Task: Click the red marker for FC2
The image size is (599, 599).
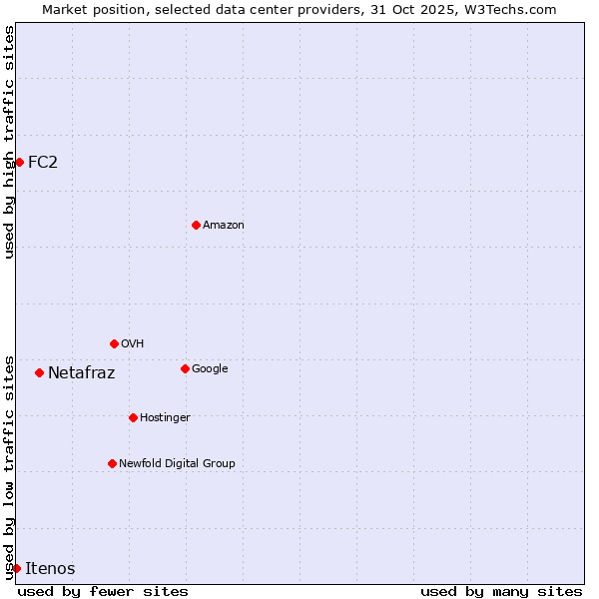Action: tap(19, 162)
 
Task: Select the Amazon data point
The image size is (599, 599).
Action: tap(196, 225)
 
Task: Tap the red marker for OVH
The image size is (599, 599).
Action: tap(114, 343)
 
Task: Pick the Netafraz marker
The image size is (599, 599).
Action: tap(39, 372)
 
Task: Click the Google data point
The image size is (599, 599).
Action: tap(185, 368)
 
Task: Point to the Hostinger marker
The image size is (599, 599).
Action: tap(133, 417)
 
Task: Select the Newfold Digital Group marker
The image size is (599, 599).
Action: tap(112, 463)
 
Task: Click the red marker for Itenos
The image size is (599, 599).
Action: tap(16, 568)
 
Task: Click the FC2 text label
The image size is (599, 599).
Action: tap(43, 162)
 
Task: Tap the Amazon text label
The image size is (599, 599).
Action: tap(224, 225)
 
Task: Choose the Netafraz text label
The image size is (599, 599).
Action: tap(81, 373)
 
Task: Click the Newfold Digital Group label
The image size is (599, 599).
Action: tap(177, 463)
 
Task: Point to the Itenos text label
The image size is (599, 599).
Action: tap(50, 568)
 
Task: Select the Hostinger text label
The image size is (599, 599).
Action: tap(165, 417)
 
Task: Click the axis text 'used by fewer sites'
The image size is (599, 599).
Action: tap(103, 591)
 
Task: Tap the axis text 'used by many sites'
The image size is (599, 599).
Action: tap(501, 591)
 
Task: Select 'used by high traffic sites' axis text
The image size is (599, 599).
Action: tap(9, 142)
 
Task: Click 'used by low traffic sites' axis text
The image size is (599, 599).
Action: tap(9, 466)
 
